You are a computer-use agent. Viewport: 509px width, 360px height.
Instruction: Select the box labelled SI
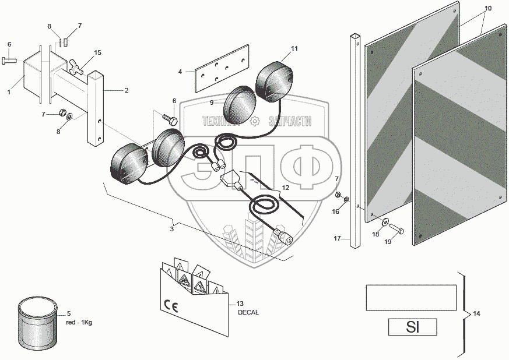412,327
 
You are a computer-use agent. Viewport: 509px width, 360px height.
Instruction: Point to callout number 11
294,48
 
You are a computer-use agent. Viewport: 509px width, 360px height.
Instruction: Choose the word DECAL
248,312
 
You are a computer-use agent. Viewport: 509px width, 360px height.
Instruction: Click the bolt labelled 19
396,228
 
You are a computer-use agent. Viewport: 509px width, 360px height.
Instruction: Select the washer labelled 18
385,222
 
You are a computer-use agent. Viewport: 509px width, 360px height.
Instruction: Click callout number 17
337,238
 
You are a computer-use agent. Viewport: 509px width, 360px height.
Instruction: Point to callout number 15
97,52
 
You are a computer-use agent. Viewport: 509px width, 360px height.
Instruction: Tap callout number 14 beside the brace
476,314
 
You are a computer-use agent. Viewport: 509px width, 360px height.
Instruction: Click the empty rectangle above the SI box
410,297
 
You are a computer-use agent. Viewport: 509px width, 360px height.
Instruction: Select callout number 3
172,230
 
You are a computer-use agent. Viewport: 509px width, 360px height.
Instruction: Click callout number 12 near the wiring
285,188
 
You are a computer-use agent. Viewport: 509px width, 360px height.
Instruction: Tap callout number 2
126,90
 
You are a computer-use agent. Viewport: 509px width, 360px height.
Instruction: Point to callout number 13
240,304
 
